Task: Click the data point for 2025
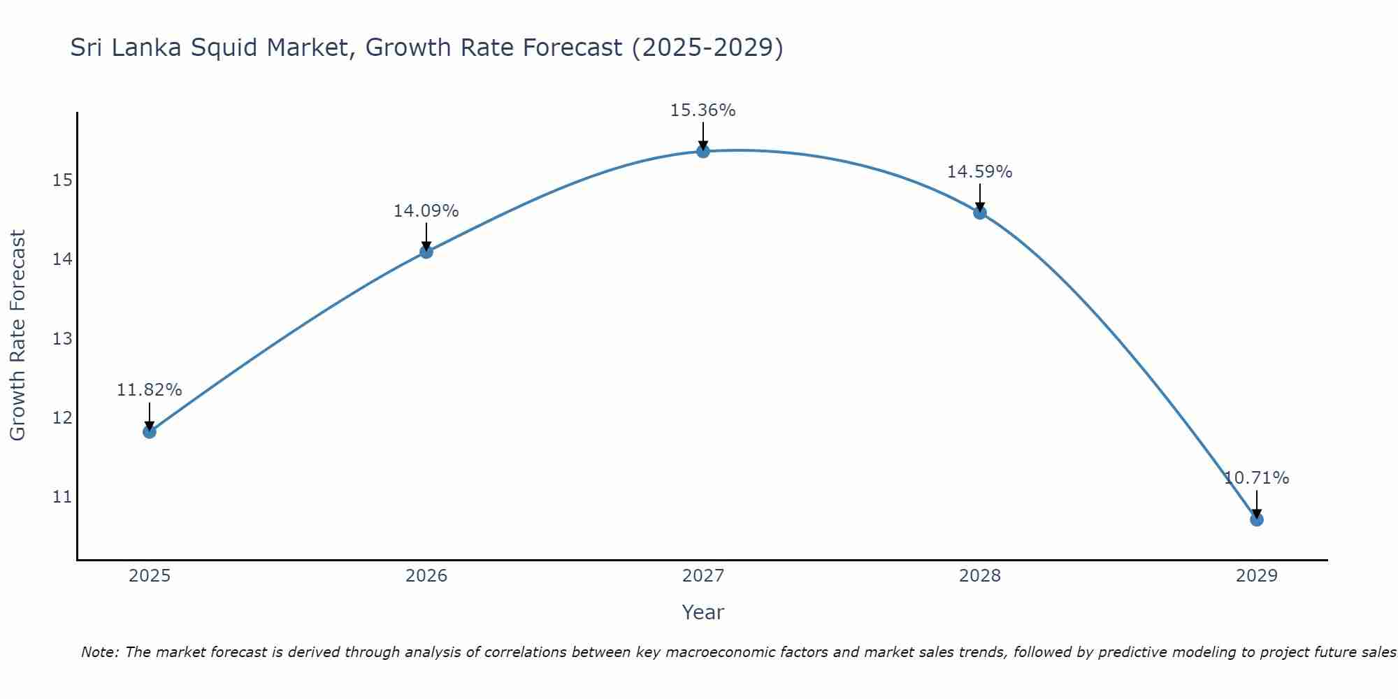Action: pyautogui.click(x=150, y=431)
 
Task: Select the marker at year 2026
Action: pyautogui.click(x=426, y=252)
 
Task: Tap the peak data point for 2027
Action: pyautogui.click(x=703, y=151)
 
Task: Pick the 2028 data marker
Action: pyautogui.click(x=980, y=212)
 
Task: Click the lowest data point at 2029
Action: pyautogui.click(x=1256, y=519)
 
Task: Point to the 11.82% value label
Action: pyautogui.click(x=149, y=390)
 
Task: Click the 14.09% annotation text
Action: pyautogui.click(x=426, y=211)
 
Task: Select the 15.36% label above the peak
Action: pyautogui.click(x=702, y=110)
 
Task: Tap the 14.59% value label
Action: pyautogui.click(x=979, y=172)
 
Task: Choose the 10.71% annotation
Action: pyautogui.click(x=1256, y=478)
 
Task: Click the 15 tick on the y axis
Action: pyautogui.click(x=62, y=180)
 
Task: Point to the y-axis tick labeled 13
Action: pyautogui.click(x=62, y=339)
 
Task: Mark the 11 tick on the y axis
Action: pyautogui.click(x=62, y=497)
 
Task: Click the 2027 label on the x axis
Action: pyautogui.click(x=703, y=576)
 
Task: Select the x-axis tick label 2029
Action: pyautogui.click(x=1256, y=576)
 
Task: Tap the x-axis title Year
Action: pyautogui.click(x=702, y=612)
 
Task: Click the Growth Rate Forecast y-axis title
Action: pyautogui.click(x=17, y=336)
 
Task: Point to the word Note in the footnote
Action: pyautogui.click(x=100, y=652)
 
